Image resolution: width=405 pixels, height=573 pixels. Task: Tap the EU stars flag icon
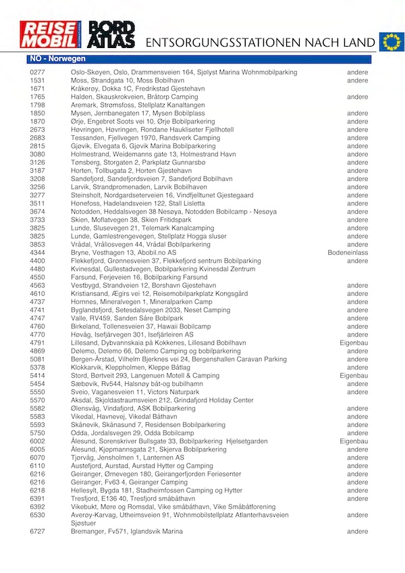pos(390,41)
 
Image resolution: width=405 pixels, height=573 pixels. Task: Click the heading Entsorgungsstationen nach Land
pos(261,43)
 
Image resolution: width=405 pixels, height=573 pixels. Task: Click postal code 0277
pos(37,72)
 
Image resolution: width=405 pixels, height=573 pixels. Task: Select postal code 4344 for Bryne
pos(37,252)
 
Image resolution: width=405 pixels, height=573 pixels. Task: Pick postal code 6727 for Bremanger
pos(37,532)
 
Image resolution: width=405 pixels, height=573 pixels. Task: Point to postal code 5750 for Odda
pos(37,433)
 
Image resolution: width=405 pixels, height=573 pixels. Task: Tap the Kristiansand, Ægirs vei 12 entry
pos(159,293)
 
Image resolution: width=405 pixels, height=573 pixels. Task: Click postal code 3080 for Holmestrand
pos(37,154)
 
